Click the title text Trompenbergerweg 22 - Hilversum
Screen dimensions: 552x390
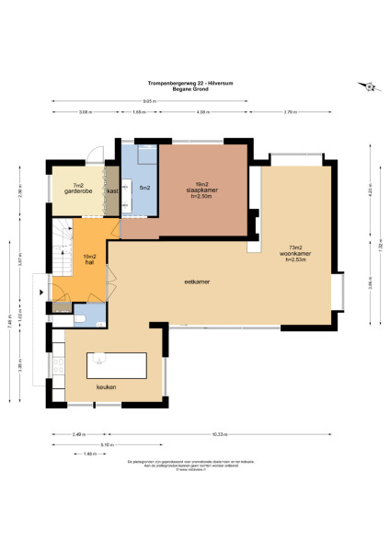(194, 81)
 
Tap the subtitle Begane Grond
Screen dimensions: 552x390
(194, 87)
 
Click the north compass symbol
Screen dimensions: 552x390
(370, 87)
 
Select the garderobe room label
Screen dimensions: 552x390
(78, 190)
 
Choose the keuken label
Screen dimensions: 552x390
(107, 387)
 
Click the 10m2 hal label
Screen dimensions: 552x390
(90, 259)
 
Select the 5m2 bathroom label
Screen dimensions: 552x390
(145, 188)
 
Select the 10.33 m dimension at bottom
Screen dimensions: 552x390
(244, 433)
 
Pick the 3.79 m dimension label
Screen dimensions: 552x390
(291, 112)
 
